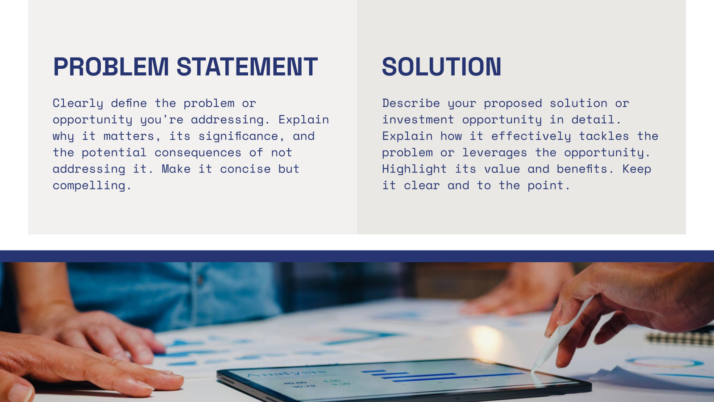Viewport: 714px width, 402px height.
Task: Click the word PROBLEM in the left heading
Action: coord(111,67)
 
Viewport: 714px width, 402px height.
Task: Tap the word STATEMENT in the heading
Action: coord(247,67)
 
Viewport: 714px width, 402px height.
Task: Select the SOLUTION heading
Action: coord(441,67)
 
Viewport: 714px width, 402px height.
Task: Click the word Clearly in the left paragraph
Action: coord(78,104)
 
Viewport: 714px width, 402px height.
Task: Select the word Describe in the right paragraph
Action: coord(411,104)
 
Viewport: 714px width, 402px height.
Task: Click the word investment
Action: coord(418,120)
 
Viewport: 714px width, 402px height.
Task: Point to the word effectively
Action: coord(531,137)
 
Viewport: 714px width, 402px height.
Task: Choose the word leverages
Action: coord(494,153)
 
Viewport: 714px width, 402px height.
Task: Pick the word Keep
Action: coord(636,169)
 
